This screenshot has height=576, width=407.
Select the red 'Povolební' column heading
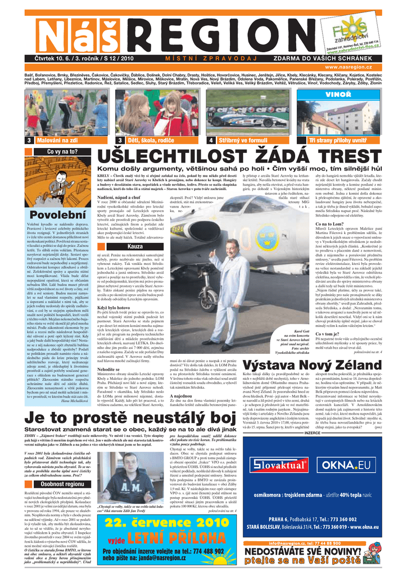(58, 215)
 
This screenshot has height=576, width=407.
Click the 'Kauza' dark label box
(135, 246)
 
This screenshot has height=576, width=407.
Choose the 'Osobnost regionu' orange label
(62, 483)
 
